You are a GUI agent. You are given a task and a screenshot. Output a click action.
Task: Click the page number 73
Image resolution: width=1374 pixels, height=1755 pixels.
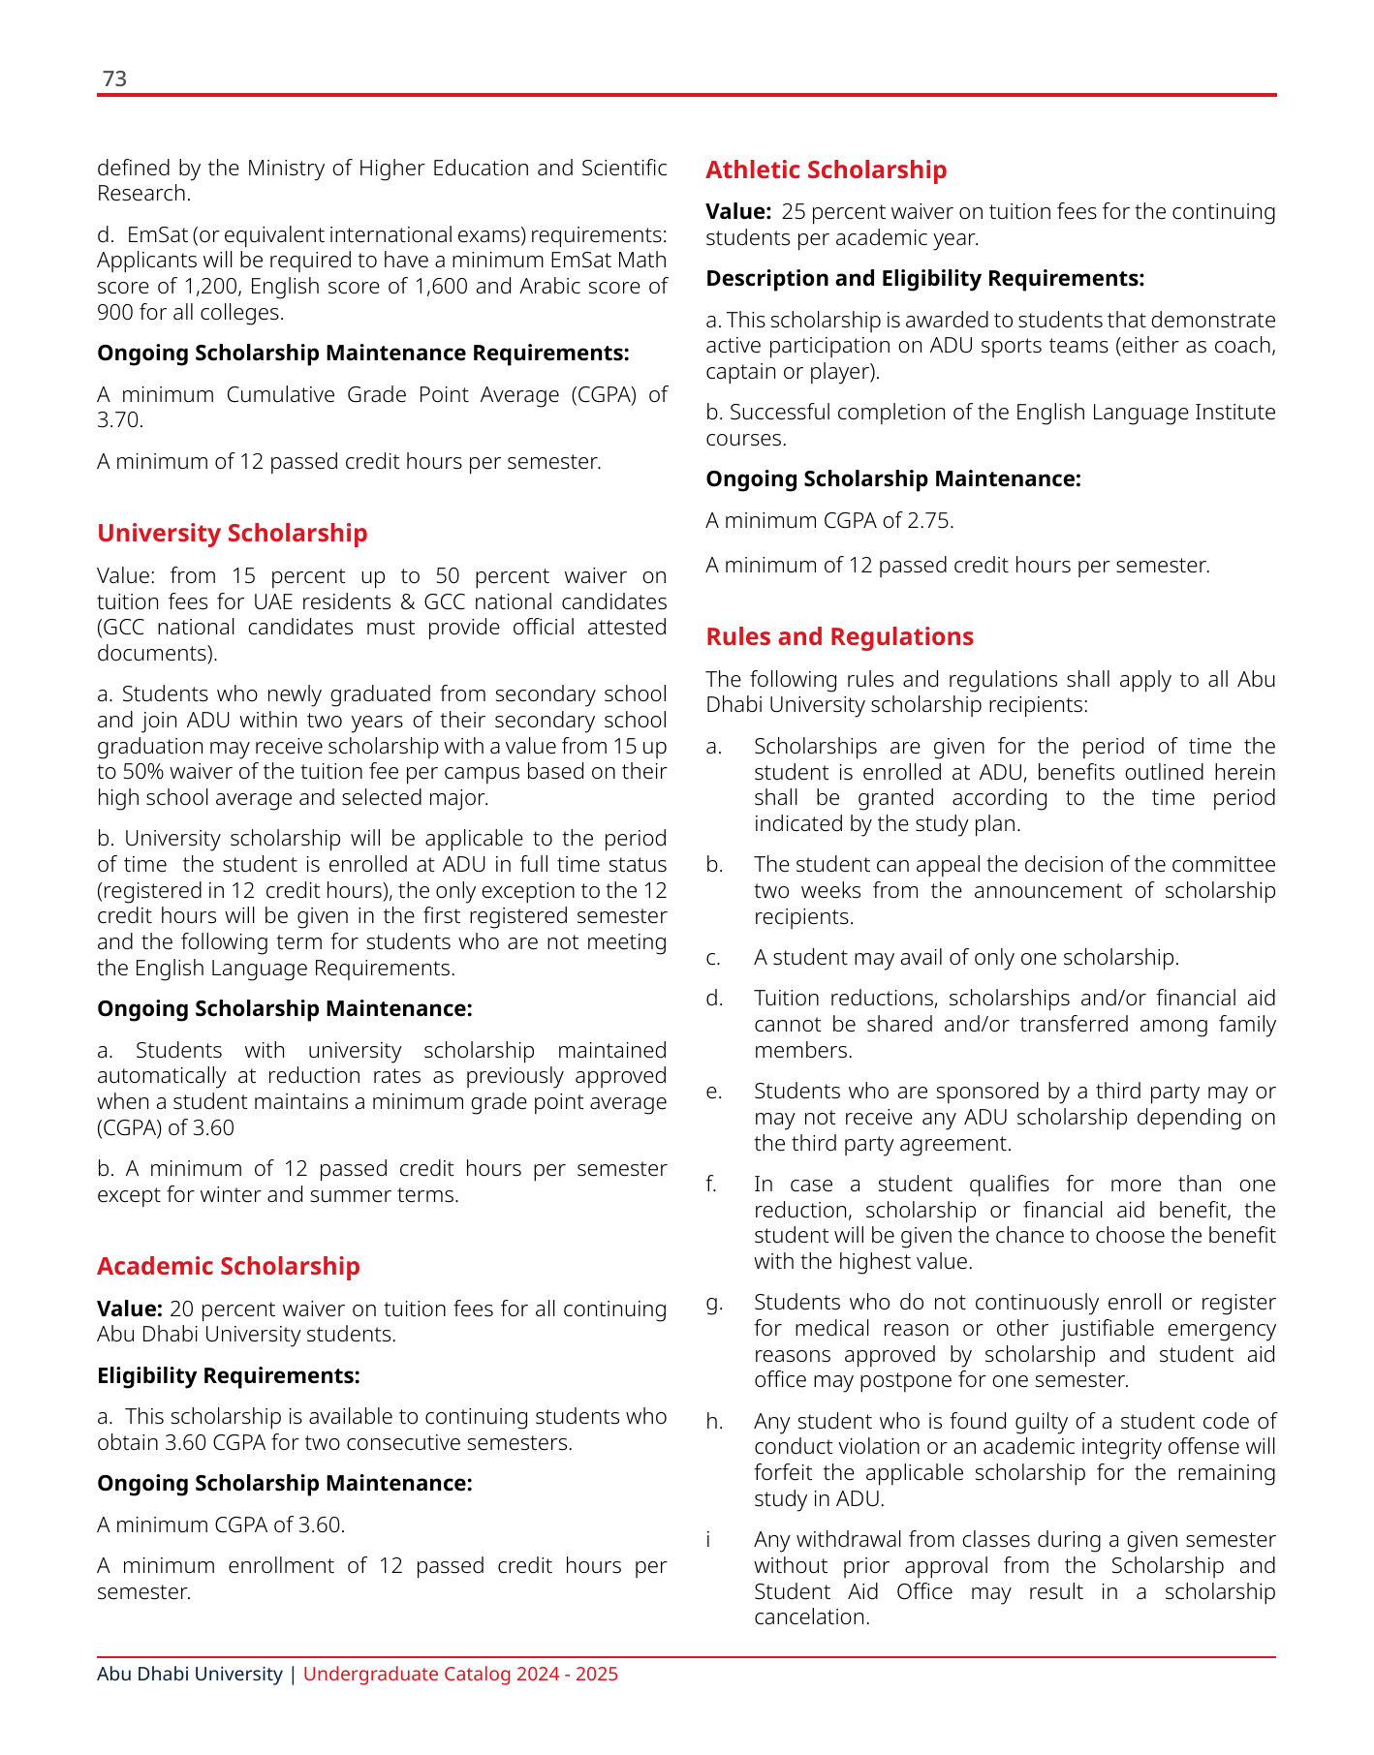(114, 78)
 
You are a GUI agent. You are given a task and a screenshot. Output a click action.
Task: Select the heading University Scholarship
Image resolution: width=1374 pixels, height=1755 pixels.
(232, 533)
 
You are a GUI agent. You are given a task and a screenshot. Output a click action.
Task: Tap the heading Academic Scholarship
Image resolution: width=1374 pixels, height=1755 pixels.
(228, 1266)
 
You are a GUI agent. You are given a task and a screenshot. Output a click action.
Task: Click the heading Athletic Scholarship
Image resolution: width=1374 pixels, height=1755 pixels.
(826, 169)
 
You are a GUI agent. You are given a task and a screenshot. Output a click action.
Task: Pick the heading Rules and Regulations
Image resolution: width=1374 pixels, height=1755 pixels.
(839, 636)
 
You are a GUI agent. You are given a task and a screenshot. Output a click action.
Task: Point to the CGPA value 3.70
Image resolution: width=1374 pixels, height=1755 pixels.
(118, 420)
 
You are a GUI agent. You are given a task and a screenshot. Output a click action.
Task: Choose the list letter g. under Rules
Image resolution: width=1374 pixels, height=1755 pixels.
(714, 1303)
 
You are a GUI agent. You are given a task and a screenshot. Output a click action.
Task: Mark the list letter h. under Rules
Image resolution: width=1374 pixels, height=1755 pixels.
(714, 1421)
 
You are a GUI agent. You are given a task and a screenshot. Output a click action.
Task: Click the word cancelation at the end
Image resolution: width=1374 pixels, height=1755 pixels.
(810, 1617)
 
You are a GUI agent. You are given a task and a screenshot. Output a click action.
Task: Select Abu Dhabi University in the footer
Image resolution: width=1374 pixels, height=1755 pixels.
(189, 1674)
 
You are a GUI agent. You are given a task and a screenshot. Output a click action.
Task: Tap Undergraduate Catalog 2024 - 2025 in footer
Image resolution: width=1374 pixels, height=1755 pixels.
(460, 1674)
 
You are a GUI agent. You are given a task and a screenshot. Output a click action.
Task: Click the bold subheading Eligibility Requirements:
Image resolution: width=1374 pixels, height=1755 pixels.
(229, 1375)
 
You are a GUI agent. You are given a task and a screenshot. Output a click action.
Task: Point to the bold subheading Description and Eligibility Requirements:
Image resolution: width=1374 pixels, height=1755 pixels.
(924, 279)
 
